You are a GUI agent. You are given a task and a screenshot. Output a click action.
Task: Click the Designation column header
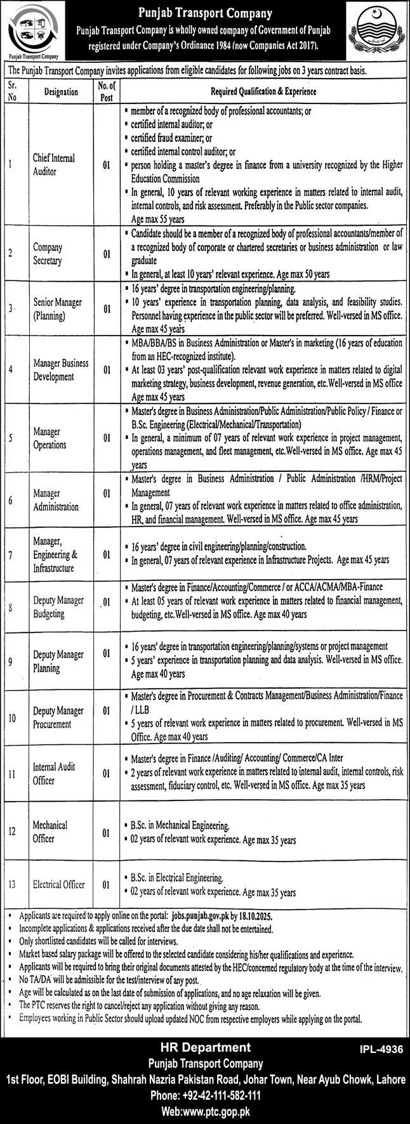click(62, 92)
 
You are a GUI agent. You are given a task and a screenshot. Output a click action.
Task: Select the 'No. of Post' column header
click(106, 92)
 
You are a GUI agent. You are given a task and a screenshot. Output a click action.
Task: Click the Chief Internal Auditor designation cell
click(54, 165)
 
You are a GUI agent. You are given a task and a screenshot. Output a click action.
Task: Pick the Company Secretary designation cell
click(48, 253)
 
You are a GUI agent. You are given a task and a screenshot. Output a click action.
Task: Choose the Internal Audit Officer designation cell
click(53, 773)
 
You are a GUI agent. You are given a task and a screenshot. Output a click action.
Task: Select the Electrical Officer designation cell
click(59, 884)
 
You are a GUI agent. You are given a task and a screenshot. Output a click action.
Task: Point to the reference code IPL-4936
click(380, 1050)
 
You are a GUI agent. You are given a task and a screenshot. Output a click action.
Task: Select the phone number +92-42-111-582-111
click(204, 1095)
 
